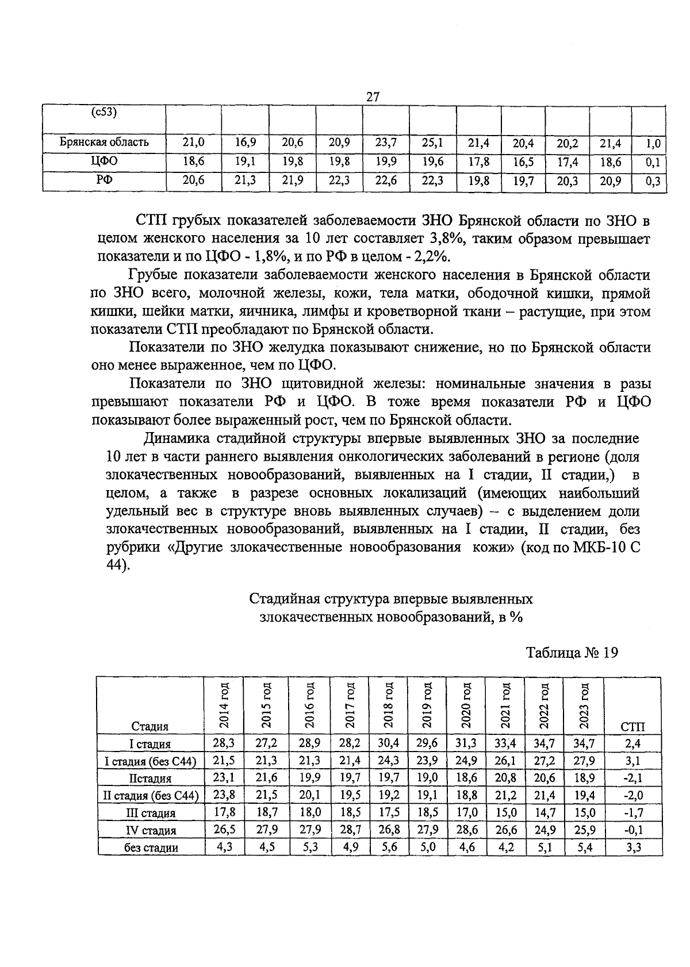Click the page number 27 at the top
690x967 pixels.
(373, 97)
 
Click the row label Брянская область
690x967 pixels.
(105, 142)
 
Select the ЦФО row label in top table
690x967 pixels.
(105, 161)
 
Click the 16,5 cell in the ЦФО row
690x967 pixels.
(523, 162)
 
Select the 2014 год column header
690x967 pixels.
(224, 705)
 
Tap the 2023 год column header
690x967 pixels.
(584, 705)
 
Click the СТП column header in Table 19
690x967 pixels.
(633, 727)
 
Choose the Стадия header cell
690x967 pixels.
(149, 727)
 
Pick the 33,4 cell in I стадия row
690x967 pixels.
(505, 743)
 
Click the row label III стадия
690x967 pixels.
(150, 813)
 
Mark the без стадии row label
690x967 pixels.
(151, 847)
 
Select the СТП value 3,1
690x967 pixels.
(633, 761)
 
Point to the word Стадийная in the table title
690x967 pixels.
(281, 599)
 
